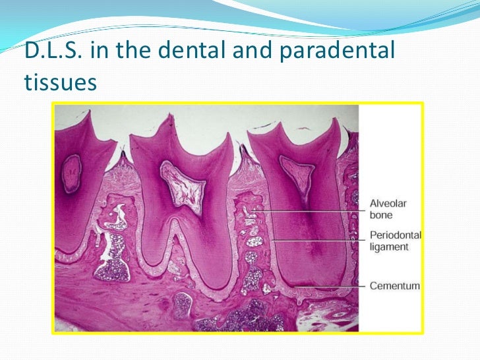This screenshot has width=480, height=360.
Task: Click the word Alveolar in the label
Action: [x=386, y=204]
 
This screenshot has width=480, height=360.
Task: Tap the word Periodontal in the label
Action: [x=395, y=235]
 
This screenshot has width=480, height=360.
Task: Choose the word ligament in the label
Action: [x=389, y=247]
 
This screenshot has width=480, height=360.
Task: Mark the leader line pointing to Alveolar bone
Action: [x=310, y=210]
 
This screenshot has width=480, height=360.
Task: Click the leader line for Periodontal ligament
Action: [x=316, y=241]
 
